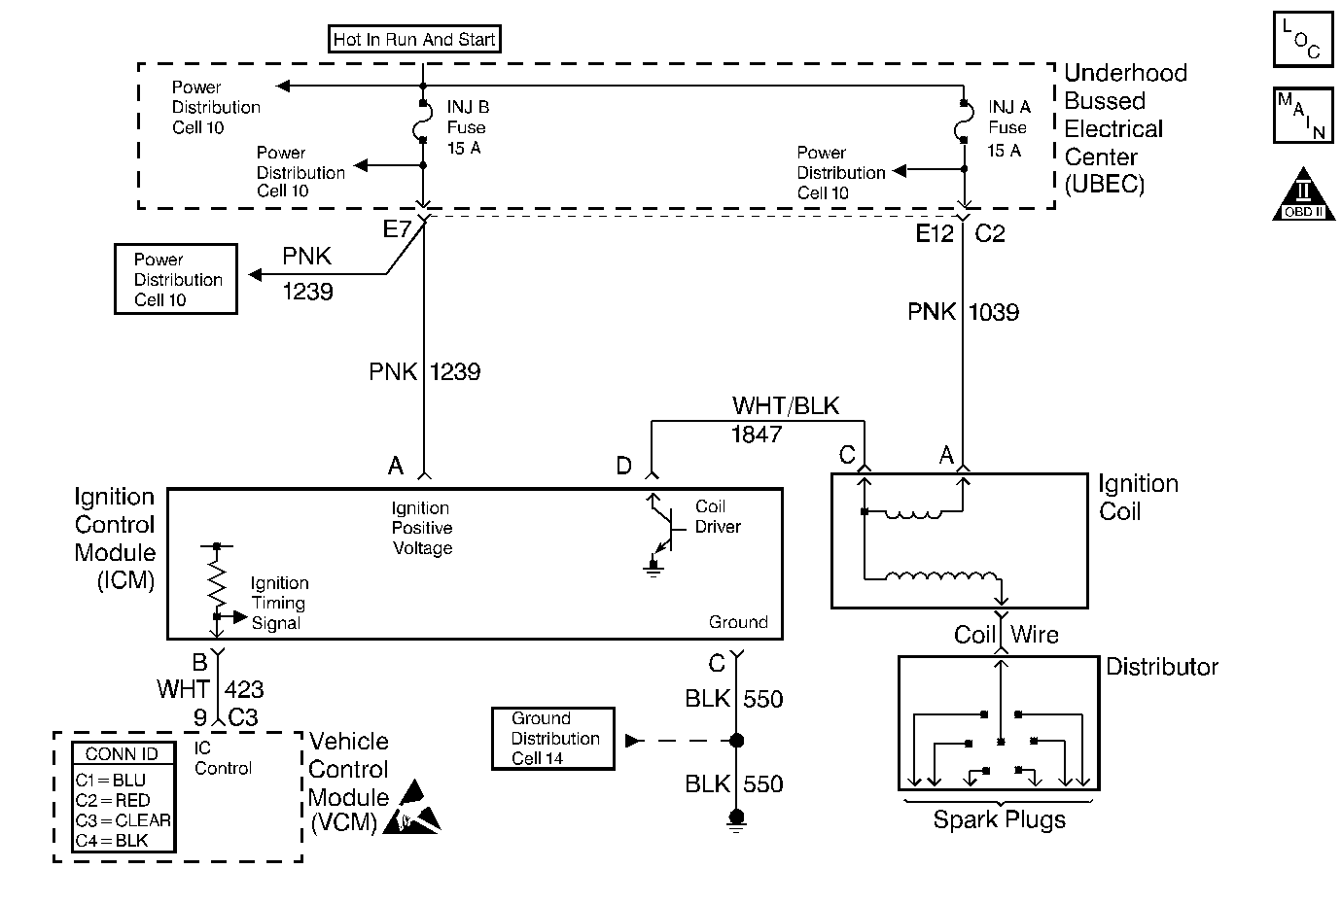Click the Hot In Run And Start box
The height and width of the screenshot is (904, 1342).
click(415, 40)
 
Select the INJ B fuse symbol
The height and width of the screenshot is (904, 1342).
click(423, 122)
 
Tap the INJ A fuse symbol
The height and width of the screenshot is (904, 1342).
click(964, 122)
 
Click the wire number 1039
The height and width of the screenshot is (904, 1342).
click(994, 312)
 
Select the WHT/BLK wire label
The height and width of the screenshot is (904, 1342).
click(786, 406)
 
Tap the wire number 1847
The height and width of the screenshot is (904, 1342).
click(757, 435)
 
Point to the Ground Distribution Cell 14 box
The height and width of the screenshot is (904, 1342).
click(553, 739)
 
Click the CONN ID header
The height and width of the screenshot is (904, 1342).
click(123, 754)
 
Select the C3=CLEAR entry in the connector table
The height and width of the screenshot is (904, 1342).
click(123, 819)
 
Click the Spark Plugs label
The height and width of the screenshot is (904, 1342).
click(999, 819)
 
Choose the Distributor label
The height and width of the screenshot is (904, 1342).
click(1161, 667)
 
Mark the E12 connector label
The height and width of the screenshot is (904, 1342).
click(935, 233)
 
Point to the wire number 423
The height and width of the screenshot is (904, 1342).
click(244, 689)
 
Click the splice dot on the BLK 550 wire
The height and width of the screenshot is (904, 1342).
click(736, 741)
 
